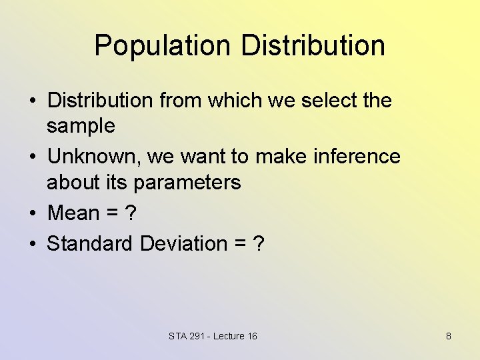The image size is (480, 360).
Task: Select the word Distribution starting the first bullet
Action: [x=100, y=101]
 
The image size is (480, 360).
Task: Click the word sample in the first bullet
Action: [x=81, y=126]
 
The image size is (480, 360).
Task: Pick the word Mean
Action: [x=73, y=213]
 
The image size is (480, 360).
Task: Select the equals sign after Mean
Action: [x=111, y=214]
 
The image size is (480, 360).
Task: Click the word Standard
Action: [x=90, y=244]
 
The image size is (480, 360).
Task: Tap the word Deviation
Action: [x=184, y=244]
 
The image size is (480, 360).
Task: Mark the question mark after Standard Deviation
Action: [x=259, y=244]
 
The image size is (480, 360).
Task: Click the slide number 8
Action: [x=449, y=336]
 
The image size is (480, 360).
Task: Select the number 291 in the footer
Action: [x=196, y=336]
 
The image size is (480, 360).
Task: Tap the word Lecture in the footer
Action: [x=229, y=336]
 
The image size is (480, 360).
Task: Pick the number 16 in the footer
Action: [x=252, y=336]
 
